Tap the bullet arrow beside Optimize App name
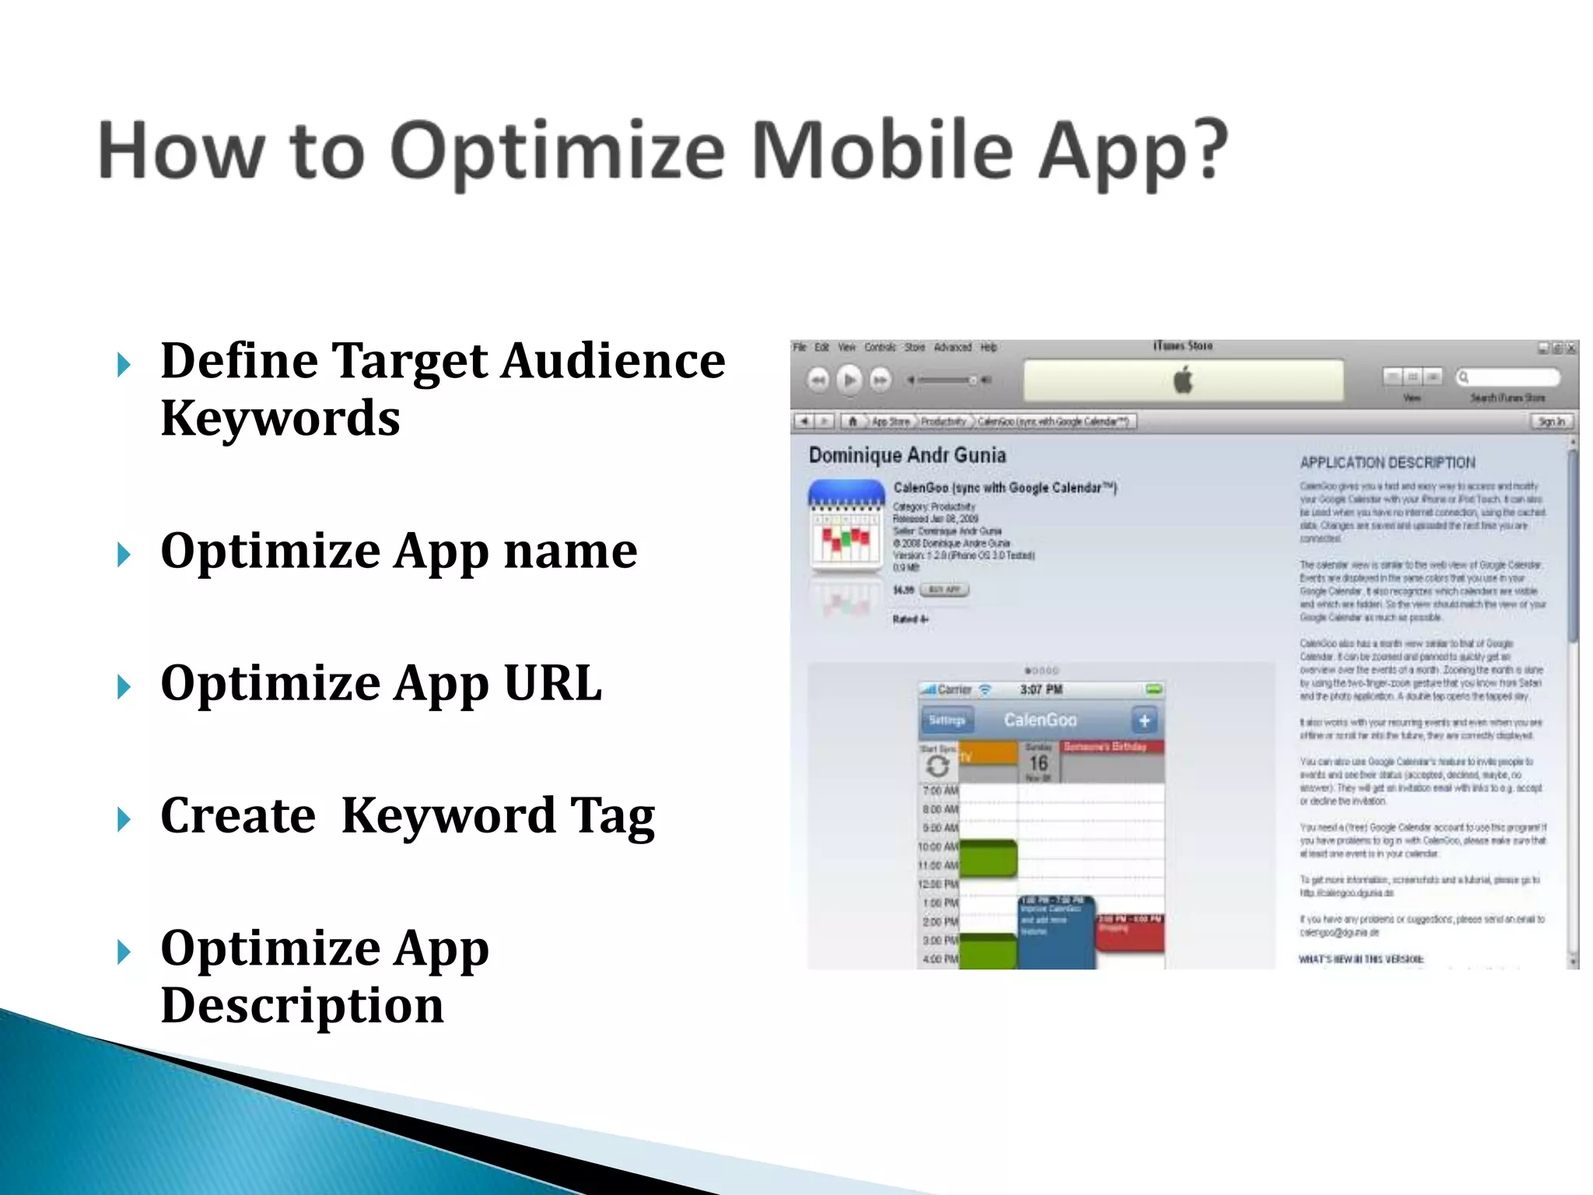(x=124, y=555)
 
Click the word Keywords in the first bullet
(x=280, y=419)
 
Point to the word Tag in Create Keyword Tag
(x=613, y=815)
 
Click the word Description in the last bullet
(x=302, y=1005)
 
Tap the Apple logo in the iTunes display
(x=1183, y=380)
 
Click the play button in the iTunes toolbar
(x=849, y=380)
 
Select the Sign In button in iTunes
(x=1551, y=421)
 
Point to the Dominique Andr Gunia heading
(x=907, y=455)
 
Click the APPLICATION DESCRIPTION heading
(x=1387, y=463)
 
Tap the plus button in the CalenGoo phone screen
(x=1143, y=720)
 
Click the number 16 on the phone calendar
(x=1038, y=762)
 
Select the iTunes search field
(x=1509, y=377)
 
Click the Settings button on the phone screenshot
(x=946, y=720)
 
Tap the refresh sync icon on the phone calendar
(x=937, y=766)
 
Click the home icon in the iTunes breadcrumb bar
(x=853, y=421)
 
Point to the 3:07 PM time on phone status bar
(x=1041, y=689)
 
